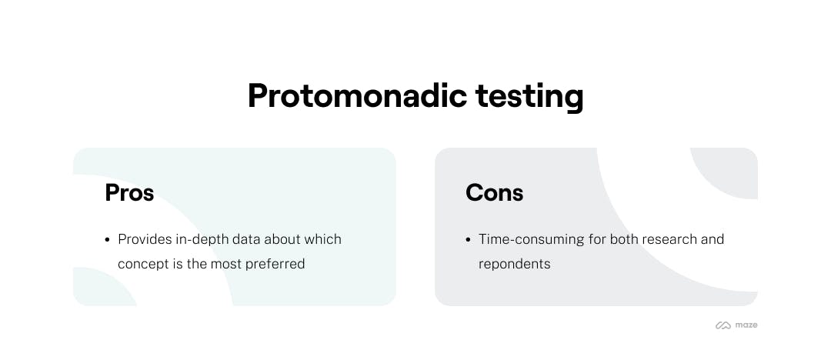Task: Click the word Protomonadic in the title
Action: pyautogui.click(x=357, y=96)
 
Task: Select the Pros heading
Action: pyautogui.click(x=129, y=192)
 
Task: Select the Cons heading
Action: pyautogui.click(x=495, y=192)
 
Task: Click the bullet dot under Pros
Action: pyautogui.click(x=108, y=240)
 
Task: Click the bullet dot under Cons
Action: pyautogui.click(x=468, y=240)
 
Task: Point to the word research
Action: pyautogui.click(x=669, y=239)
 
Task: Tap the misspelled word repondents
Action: pyautogui.click(x=515, y=265)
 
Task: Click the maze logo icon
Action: pyautogui.click(x=723, y=325)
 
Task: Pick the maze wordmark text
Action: pyautogui.click(x=746, y=325)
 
